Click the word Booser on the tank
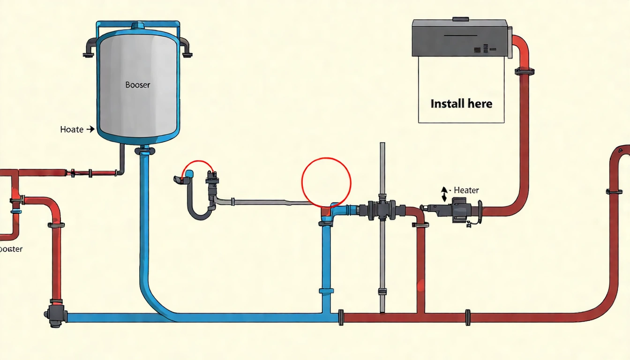(x=137, y=85)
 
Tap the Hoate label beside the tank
(x=72, y=129)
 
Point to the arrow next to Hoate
(x=90, y=129)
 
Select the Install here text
(x=461, y=104)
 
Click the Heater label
(x=466, y=190)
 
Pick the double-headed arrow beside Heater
(x=444, y=193)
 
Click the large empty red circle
(x=326, y=182)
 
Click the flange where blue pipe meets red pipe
(x=341, y=317)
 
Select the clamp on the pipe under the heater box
(x=525, y=72)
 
